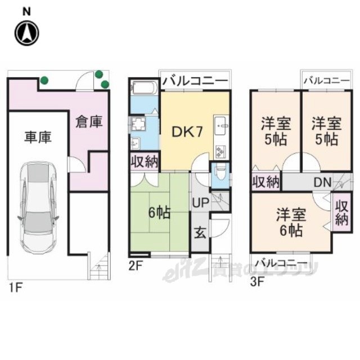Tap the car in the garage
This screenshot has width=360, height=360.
point(38,208)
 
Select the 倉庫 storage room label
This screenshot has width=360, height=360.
point(89,121)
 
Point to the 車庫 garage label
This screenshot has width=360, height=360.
point(38,137)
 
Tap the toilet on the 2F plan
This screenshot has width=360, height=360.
point(220,175)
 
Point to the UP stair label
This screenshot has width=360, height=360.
point(200,202)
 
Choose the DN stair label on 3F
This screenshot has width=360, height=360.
point(322,182)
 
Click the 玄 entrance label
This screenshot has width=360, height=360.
point(200,234)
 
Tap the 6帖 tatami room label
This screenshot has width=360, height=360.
point(159,213)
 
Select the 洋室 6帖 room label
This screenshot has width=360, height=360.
point(291,222)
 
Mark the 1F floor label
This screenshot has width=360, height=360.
point(16,287)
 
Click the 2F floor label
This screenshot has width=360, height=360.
point(136,266)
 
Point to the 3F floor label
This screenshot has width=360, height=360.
point(258,282)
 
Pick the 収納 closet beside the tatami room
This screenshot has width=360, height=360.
point(145,161)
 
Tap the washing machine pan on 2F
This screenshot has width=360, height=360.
point(138,124)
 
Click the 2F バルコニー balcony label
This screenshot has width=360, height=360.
point(196,81)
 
